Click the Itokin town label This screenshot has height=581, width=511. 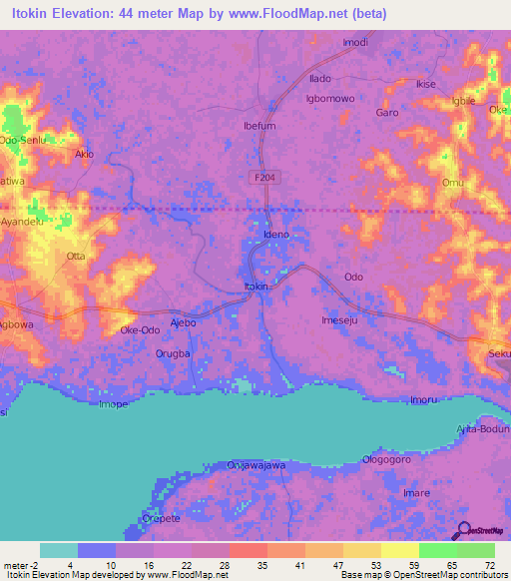click(256, 287)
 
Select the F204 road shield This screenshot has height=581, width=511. click(259, 177)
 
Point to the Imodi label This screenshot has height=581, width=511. click(355, 42)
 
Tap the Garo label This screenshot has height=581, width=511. click(386, 113)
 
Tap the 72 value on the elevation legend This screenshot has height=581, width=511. click(489, 565)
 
